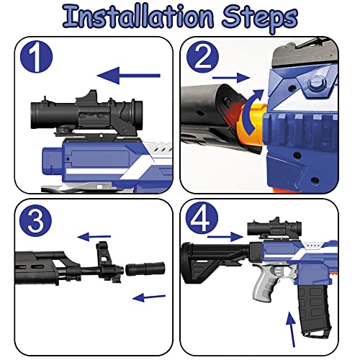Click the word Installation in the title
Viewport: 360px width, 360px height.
click(138, 17)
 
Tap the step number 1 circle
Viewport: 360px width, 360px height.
click(36, 57)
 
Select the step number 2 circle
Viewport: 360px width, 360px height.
click(203, 57)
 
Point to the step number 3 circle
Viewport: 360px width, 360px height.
click(35, 220)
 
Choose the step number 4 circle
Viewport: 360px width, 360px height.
click(202, 218)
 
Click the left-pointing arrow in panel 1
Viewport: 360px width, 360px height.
click(128, 76)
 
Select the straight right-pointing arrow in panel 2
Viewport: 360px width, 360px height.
click(231, 78)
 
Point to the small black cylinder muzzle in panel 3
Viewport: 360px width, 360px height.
click(145, 269)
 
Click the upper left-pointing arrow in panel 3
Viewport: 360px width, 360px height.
click(94, 237)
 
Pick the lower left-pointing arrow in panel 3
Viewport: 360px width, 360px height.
click(149, 297)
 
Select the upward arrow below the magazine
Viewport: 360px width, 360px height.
click(291, 329)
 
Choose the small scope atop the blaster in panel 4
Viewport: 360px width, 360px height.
click(274, 227)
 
